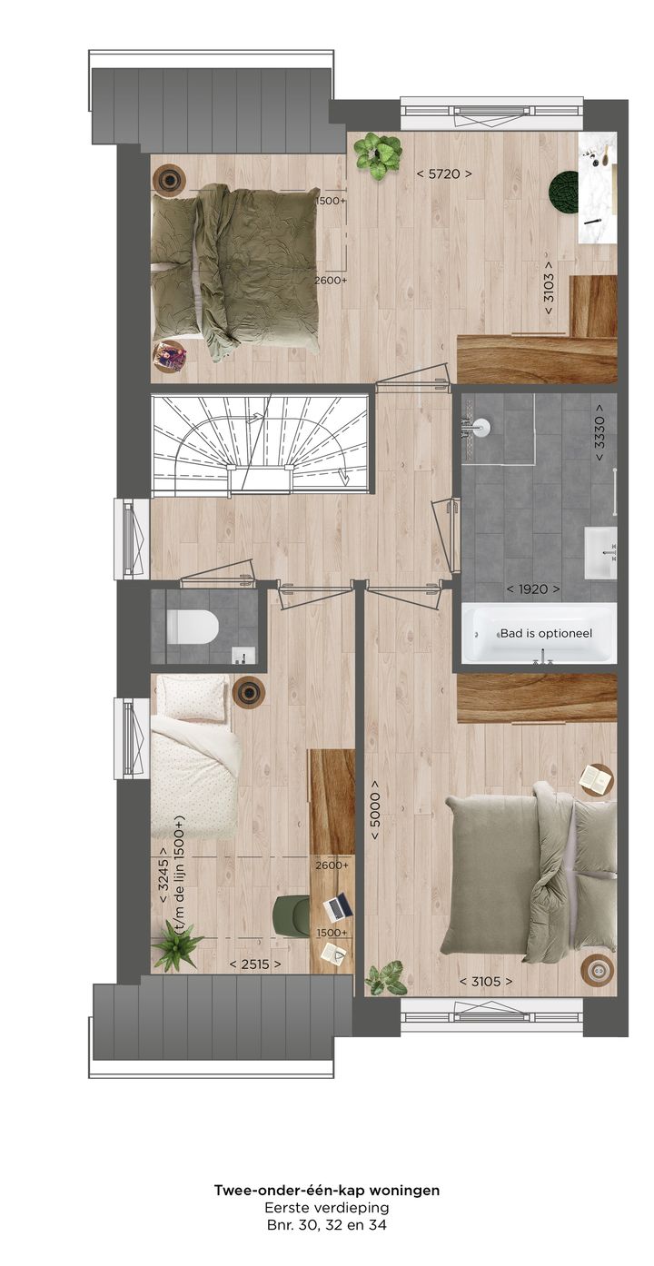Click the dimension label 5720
click(443, 173)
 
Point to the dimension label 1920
click(533, 589)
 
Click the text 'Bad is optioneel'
click(546, 633)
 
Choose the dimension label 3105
click(485, 981)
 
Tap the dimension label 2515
click(254, 964)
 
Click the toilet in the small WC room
click(193, 627)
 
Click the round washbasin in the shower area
click(481, 427)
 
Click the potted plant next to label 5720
click(378, 154)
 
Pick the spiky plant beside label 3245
click(176, 945)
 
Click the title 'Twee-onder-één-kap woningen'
click(326, 1190)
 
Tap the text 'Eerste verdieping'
click(326, 1208)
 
